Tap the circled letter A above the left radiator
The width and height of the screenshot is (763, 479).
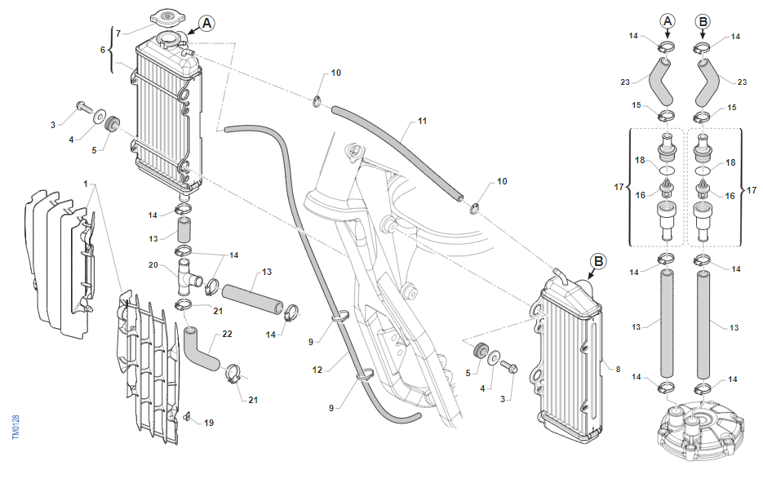[206, 24]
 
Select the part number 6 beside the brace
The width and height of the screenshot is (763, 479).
[103, 50]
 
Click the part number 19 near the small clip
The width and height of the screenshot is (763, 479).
[209, 423]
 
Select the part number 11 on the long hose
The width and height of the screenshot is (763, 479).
[422, 122]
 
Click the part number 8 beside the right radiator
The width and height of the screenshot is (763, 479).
[618, 370]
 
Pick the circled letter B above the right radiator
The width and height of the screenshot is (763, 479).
[598, 262]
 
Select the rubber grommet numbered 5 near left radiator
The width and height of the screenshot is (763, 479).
[112, 124]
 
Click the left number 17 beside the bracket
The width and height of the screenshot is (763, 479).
[619, 187]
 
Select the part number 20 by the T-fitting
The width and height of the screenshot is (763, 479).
[153, 264]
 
